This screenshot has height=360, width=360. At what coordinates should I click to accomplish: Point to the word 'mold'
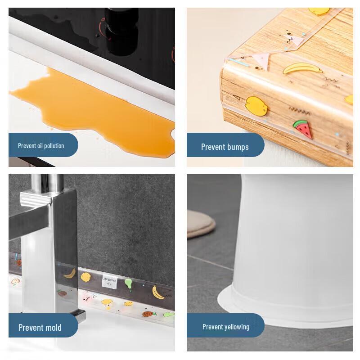coord(53,327)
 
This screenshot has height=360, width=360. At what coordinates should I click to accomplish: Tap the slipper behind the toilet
coord(202,225)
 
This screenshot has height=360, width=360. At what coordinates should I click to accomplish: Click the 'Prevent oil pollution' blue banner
coord(43,145)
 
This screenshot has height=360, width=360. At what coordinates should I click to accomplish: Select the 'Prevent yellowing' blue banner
coord(225,326)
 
